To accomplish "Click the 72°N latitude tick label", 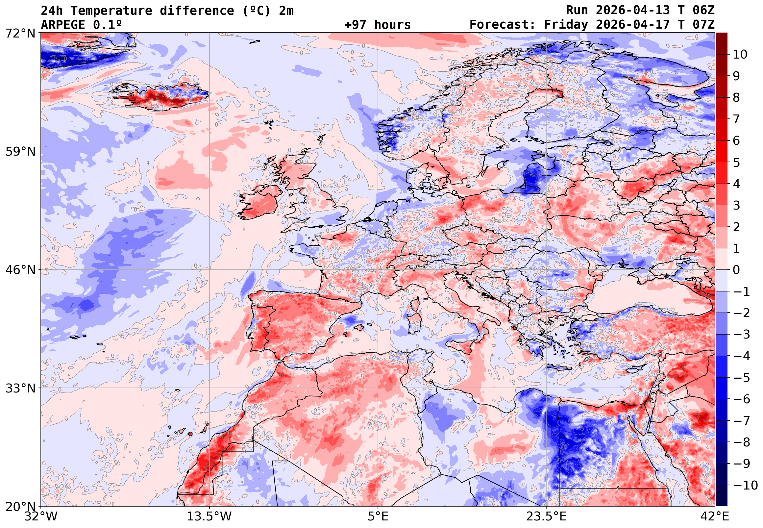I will coord(20,33).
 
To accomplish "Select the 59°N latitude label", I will coord(20,152).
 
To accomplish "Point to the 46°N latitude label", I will coord(20,270).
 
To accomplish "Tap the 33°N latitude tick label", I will coord(20,388).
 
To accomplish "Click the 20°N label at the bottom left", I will coord(20,507).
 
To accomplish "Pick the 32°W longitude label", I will coord(41,516).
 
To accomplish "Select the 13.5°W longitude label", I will coord(209,516).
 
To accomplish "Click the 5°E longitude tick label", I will coord(378,516).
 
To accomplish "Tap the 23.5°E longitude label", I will coord(546,516).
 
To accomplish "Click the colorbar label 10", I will coord(740,55).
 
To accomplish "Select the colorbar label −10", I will coord(745,486).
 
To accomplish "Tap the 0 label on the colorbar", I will coord(736,270).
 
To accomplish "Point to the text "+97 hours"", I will coord(377,25).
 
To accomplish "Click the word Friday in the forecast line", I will coord(566,25).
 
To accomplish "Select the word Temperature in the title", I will coord(111,11).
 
